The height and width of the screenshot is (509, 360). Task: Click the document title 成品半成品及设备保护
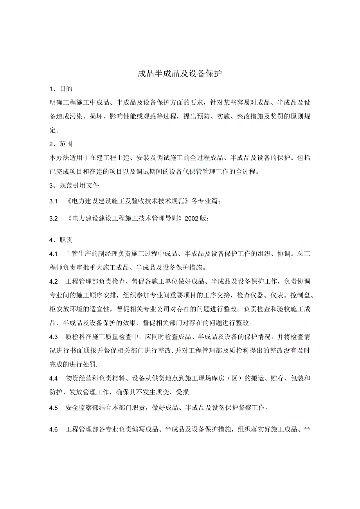point(180,74)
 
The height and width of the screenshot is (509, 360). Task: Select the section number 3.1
point(54,201)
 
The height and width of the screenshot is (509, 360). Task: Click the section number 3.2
point(54,218)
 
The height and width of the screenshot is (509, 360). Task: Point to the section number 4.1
point(54,254)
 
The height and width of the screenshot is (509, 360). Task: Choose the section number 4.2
point(54,282)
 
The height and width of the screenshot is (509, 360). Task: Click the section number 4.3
point(54,337)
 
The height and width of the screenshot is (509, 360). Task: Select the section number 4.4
point(54,378)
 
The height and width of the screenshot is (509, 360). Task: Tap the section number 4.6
point(54,430)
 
